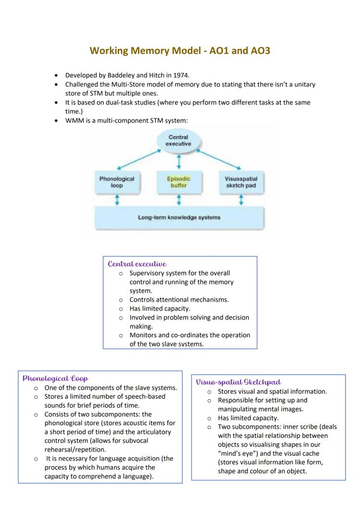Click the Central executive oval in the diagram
coord(179,141)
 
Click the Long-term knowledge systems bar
coord(179,217)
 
